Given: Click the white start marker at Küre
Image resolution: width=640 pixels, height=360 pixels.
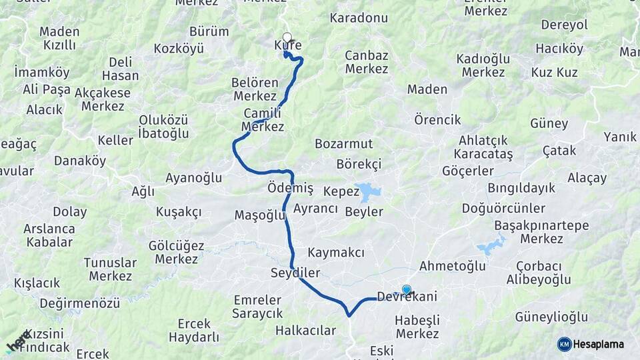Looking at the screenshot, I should click(287, 37).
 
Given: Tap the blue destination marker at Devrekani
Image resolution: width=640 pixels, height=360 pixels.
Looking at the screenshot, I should click(407, 289).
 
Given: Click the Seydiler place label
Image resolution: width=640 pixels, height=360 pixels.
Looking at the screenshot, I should click(295, 273).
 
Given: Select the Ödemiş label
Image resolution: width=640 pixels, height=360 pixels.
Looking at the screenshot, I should click(290, 189).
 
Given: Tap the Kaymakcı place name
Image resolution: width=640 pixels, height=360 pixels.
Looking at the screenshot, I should click(336, 253).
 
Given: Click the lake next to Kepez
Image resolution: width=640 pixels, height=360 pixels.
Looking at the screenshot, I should click(368, 192).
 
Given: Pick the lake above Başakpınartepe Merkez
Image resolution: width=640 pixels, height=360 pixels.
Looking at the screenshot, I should click(491, 245).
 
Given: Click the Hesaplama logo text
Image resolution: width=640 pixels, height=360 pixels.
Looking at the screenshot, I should click(599, 344).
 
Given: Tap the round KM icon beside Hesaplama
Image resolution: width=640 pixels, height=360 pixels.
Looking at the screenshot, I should click(564, 344).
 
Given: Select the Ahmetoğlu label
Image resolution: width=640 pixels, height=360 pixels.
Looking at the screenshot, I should click(452, 266).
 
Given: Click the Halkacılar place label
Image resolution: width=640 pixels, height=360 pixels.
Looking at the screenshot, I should click(305, 330).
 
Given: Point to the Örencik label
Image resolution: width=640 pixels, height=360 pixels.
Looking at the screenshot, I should click(437, 120).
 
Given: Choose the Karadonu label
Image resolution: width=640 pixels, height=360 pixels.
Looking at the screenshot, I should click(359, 18).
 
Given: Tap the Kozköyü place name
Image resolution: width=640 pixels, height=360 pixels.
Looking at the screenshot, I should click(179, 49).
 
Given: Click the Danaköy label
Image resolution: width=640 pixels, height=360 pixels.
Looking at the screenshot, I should click(80, 161).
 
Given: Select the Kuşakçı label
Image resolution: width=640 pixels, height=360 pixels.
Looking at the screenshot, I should click(179, 211).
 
